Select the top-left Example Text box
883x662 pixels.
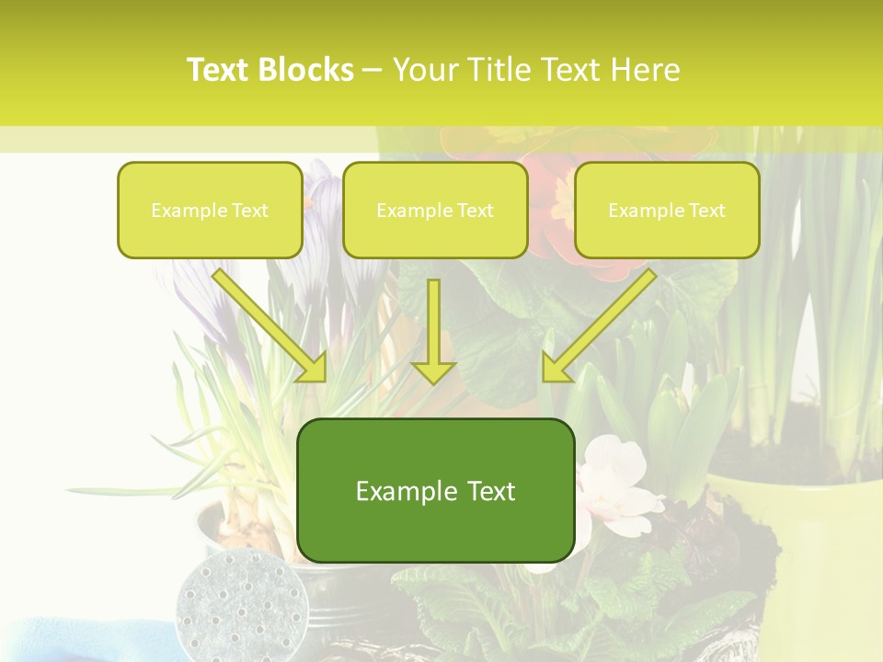(x=210, y=211)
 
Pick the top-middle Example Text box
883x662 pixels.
(x=435, y=211)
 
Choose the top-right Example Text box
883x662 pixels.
(x=667, y=211)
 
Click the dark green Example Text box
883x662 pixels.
(x=435, y=490)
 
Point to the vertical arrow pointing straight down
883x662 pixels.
(x=433, y=331)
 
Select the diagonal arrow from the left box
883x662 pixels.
(x=271, y=326)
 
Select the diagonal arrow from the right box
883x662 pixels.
(x=598, y=326)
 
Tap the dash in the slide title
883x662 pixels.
(x=373, y=70)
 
